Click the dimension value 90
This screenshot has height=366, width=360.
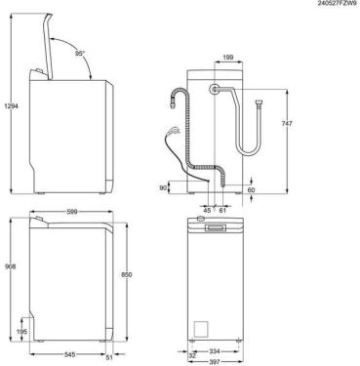163,186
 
